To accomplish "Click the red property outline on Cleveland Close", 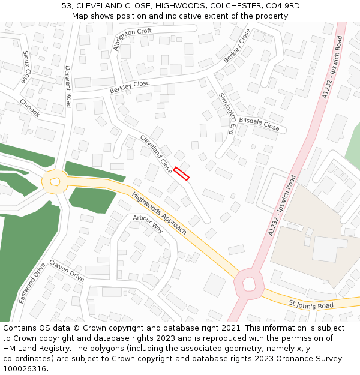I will tap(182, 173).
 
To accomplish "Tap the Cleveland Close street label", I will tap(157, 154).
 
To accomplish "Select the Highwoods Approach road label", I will tap(159, 214).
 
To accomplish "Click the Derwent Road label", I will tap(68, 86).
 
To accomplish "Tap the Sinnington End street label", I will tap(227, 113).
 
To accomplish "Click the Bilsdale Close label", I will tap(259, 124).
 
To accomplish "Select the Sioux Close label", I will tap(26, 67).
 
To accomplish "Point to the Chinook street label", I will tap(29, 108).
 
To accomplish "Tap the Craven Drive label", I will tap(67, 271).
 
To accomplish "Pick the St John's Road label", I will tap(311, 305).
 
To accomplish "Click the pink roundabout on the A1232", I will tap(248, 283).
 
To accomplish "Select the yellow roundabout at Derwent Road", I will tap(55, 181).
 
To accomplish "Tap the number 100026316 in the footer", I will tap(25, 369).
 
